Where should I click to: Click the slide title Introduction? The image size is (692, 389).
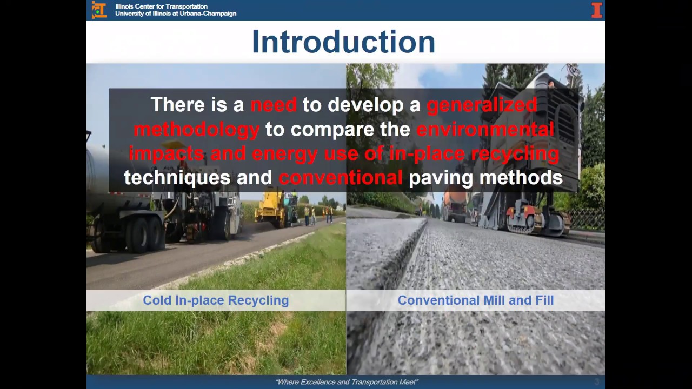[343, 42]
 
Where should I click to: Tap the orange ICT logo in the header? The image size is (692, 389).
[99, 10]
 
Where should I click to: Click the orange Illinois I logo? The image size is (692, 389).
[596, 10]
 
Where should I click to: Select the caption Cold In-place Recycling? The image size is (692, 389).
[216, 300]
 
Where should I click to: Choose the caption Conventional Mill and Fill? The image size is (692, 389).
[475, 300]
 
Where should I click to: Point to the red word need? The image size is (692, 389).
[274, 105]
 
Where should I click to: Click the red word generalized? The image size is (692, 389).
[482, 105]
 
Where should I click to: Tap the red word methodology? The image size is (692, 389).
[197, 129]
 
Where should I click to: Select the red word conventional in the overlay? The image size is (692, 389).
[341, 178]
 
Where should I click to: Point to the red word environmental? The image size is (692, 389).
[485, 129]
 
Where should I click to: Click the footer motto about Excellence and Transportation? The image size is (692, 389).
[346, 382]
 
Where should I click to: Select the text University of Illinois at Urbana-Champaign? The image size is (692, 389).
[175, 14]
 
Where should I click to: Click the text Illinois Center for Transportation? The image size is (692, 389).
[161, 6]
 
